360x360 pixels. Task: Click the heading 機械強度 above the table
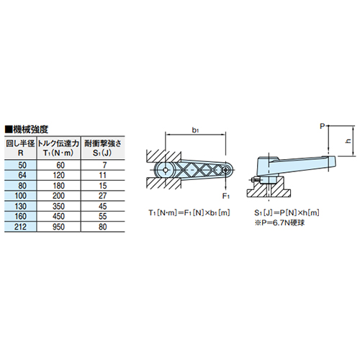pyautogui.click(x=27, y=130)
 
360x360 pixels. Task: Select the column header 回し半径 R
pyautogui.click(x=20, y=148)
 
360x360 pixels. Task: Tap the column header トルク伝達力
pyautogui.click(x=58, y=144)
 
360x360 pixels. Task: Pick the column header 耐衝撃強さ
pyautogui.click(x=103, y=144)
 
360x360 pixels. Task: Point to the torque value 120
pyautogui.click(x=59, y=176)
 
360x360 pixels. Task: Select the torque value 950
pyautogui.click(x=59, y=227)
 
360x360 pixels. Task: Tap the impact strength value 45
pyautogui.click(x=103, y=207)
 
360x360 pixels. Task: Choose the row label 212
pyautogui.click(x=20, y=227)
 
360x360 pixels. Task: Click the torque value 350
pyautogui.click(x=59, y=207)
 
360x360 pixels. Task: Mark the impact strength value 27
pyautogui.click(x=103, y=196)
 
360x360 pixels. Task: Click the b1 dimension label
pyautogui.click(x=195, y=130)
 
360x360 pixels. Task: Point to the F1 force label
pyautogui.click(x=226, y=197)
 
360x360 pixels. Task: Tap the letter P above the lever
pyautogui.click(x=323, y=126)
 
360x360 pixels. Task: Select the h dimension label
pyautogui.click(x=348, y=141)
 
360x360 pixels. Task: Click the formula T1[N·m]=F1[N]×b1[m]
pyautogui.click(x=189, y=213)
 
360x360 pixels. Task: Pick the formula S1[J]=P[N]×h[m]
pyautogui.click(x=287, y=213)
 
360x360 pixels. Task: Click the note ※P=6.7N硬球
pyautogui.click(x=279, y=223)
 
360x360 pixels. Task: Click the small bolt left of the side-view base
pyautogui.click(x=254, y=179)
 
